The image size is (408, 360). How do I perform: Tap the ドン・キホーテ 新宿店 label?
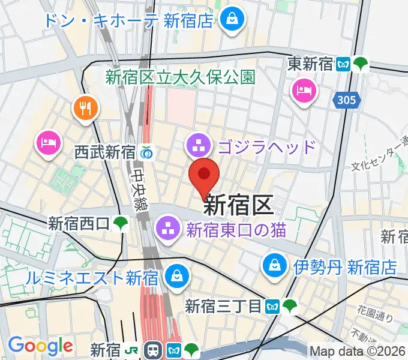[x=128, y=20]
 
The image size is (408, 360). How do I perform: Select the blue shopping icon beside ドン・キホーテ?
[x=230, y=20]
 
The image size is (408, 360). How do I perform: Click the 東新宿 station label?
[x=310, y=64]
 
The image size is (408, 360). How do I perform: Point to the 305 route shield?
[x=346, y=100]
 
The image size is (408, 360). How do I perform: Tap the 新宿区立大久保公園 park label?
[x=181, y=77]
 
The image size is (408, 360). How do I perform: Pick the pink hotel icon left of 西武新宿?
[x=48, y=143]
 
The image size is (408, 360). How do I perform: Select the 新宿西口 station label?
[x=79, y=224]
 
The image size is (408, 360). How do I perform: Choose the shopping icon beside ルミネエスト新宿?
[x=177, y=277]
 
